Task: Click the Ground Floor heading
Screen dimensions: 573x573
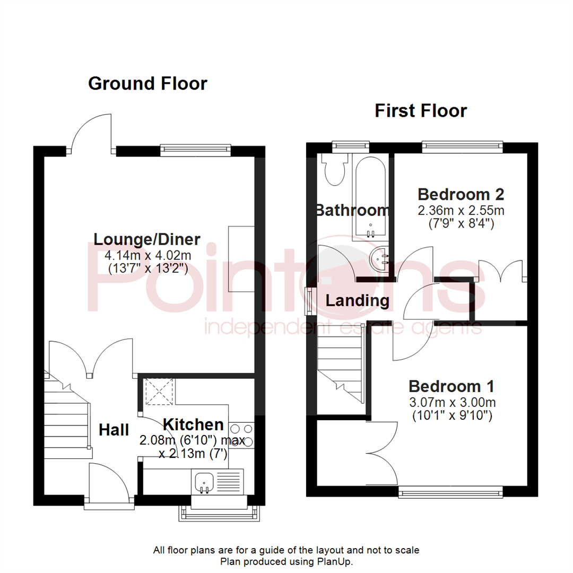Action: (147, 84)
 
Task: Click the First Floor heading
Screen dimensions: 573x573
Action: (421, 111)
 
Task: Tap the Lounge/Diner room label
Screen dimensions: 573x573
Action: (147, 240)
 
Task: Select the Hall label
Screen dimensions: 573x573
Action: (114, 430)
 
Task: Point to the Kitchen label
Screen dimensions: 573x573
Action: (193, 424)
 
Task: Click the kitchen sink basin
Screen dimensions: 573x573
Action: (204, 482)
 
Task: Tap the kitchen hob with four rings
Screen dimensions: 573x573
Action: (241, 436)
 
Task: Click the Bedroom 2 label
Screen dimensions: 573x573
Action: (461, 194)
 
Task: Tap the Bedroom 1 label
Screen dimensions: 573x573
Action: (452, 386)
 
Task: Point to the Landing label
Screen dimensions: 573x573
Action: (358, 301)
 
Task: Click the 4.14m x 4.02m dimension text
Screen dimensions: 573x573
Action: (148, 255)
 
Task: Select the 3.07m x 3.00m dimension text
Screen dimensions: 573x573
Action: (453, 403)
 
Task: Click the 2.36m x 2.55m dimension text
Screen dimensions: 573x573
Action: (461, 211)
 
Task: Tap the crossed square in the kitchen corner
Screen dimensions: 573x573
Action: (159, 392)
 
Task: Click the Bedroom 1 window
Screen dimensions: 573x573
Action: (450, 492)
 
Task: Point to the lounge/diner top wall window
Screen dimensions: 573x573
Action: (195, 149)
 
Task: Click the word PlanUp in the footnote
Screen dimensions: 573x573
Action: (333, 562)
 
